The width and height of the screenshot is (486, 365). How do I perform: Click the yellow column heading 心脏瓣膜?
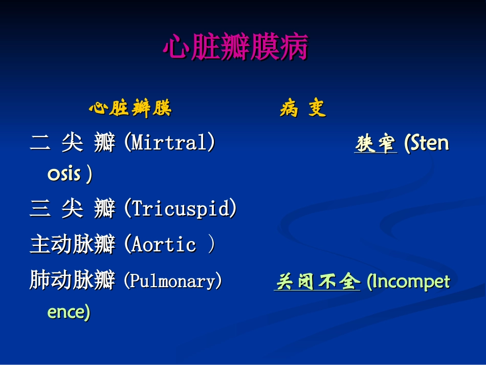coord(130,109)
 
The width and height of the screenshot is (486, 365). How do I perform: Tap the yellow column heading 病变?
coord(303,109)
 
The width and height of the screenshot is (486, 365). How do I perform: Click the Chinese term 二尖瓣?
coord(72,143)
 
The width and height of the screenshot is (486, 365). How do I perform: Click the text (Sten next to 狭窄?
coord(426,143)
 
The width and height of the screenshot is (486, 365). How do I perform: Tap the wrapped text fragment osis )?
coord(70,174)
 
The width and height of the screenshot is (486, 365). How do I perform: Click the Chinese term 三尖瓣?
coord(72,209)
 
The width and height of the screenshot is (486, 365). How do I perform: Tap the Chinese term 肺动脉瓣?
coord(72,281)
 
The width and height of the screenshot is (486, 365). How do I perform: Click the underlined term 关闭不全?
coord(317,282)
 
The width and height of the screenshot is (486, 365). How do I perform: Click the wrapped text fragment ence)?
coord(69,312)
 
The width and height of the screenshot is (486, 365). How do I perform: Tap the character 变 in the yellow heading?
coord(317,109)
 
